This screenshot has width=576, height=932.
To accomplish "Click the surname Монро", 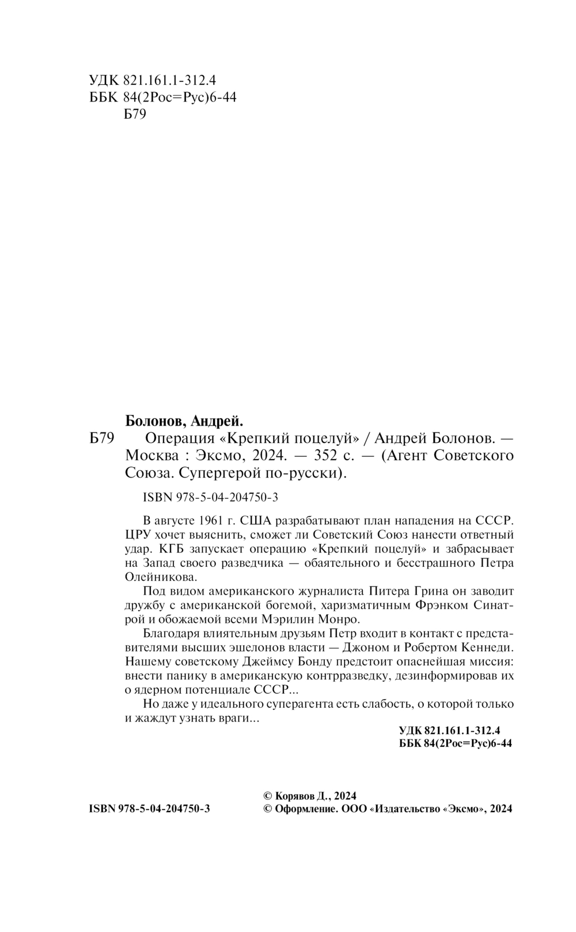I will (x=340, y=619).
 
